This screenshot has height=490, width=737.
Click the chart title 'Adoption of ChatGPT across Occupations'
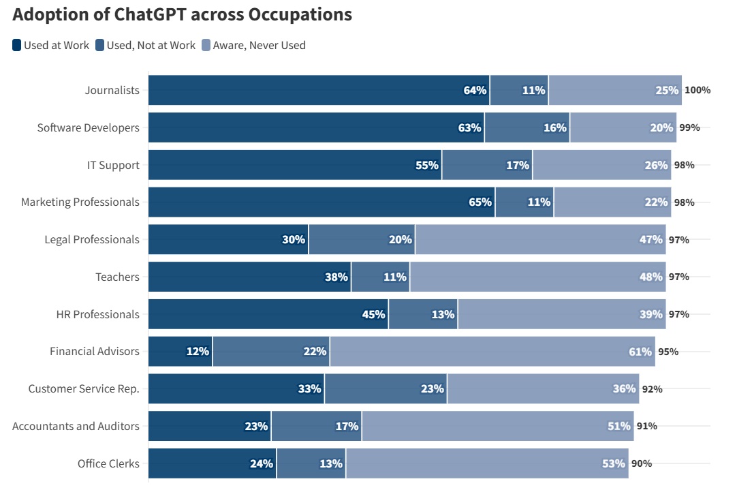click(182, 14)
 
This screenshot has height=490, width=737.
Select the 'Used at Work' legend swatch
click(16, 45)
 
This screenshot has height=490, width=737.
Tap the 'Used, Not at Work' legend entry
click(145, 45)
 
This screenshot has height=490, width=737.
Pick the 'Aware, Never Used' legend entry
click(254, 45)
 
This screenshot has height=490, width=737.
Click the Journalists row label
click(112, 90)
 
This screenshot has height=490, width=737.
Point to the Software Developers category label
click(89, 127)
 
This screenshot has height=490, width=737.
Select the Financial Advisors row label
click(95, 351)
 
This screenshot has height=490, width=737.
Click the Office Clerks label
click(108, 463)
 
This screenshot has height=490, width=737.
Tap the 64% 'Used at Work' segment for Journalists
click(319, 90)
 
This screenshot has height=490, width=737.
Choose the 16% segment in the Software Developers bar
click(527, 127)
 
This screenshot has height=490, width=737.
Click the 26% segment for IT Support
click(602, 165)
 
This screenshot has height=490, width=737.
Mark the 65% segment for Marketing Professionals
click(322, 202)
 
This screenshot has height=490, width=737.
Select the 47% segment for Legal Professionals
click(541, 239)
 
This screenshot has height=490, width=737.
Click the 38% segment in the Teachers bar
click(250, 277)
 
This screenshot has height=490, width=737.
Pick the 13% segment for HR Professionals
click(424, 314)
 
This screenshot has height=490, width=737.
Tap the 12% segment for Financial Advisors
click(181, 351)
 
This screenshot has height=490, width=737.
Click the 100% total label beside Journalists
click(697, 90)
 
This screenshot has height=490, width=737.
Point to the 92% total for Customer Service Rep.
click(653, 389)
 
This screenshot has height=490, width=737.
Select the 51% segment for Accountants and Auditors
click(498, 426)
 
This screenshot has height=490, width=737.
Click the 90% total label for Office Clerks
click(642, 463)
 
